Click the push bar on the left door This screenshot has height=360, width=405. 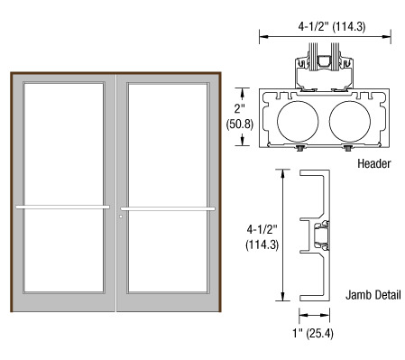[63, 207]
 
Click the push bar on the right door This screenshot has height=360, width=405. [168, 208]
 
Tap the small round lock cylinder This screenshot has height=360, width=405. [121, 217]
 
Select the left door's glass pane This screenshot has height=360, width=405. [64, 187]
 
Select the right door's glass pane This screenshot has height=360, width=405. [168, 187]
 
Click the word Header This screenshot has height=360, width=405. [374, 163]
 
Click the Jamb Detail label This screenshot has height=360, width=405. [373, 295]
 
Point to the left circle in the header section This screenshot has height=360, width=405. [298, 122]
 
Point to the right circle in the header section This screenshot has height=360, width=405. [350, 122]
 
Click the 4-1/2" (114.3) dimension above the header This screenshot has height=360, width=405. [332, 27]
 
